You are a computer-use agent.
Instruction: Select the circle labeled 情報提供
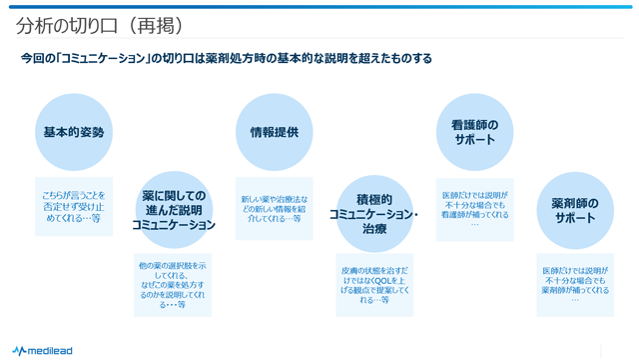[x=274, y=132]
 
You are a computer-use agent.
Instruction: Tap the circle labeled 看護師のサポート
[x=474, y=132]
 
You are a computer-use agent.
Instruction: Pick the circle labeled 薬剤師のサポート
[x=575, y=209]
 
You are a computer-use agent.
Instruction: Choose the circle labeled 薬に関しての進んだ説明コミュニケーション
[x=174, y=210]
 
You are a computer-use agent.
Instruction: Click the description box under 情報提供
[x=274, y=209]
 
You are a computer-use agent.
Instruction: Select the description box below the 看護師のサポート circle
[x=474, y=209]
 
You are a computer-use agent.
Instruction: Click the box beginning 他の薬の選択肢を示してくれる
[x=174, y=285]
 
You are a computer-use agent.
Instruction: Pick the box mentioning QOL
[x=373, y=285]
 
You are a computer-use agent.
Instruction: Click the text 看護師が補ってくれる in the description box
[x=474, y=215]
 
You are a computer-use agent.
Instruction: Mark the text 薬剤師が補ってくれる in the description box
[x=575, y=291]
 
